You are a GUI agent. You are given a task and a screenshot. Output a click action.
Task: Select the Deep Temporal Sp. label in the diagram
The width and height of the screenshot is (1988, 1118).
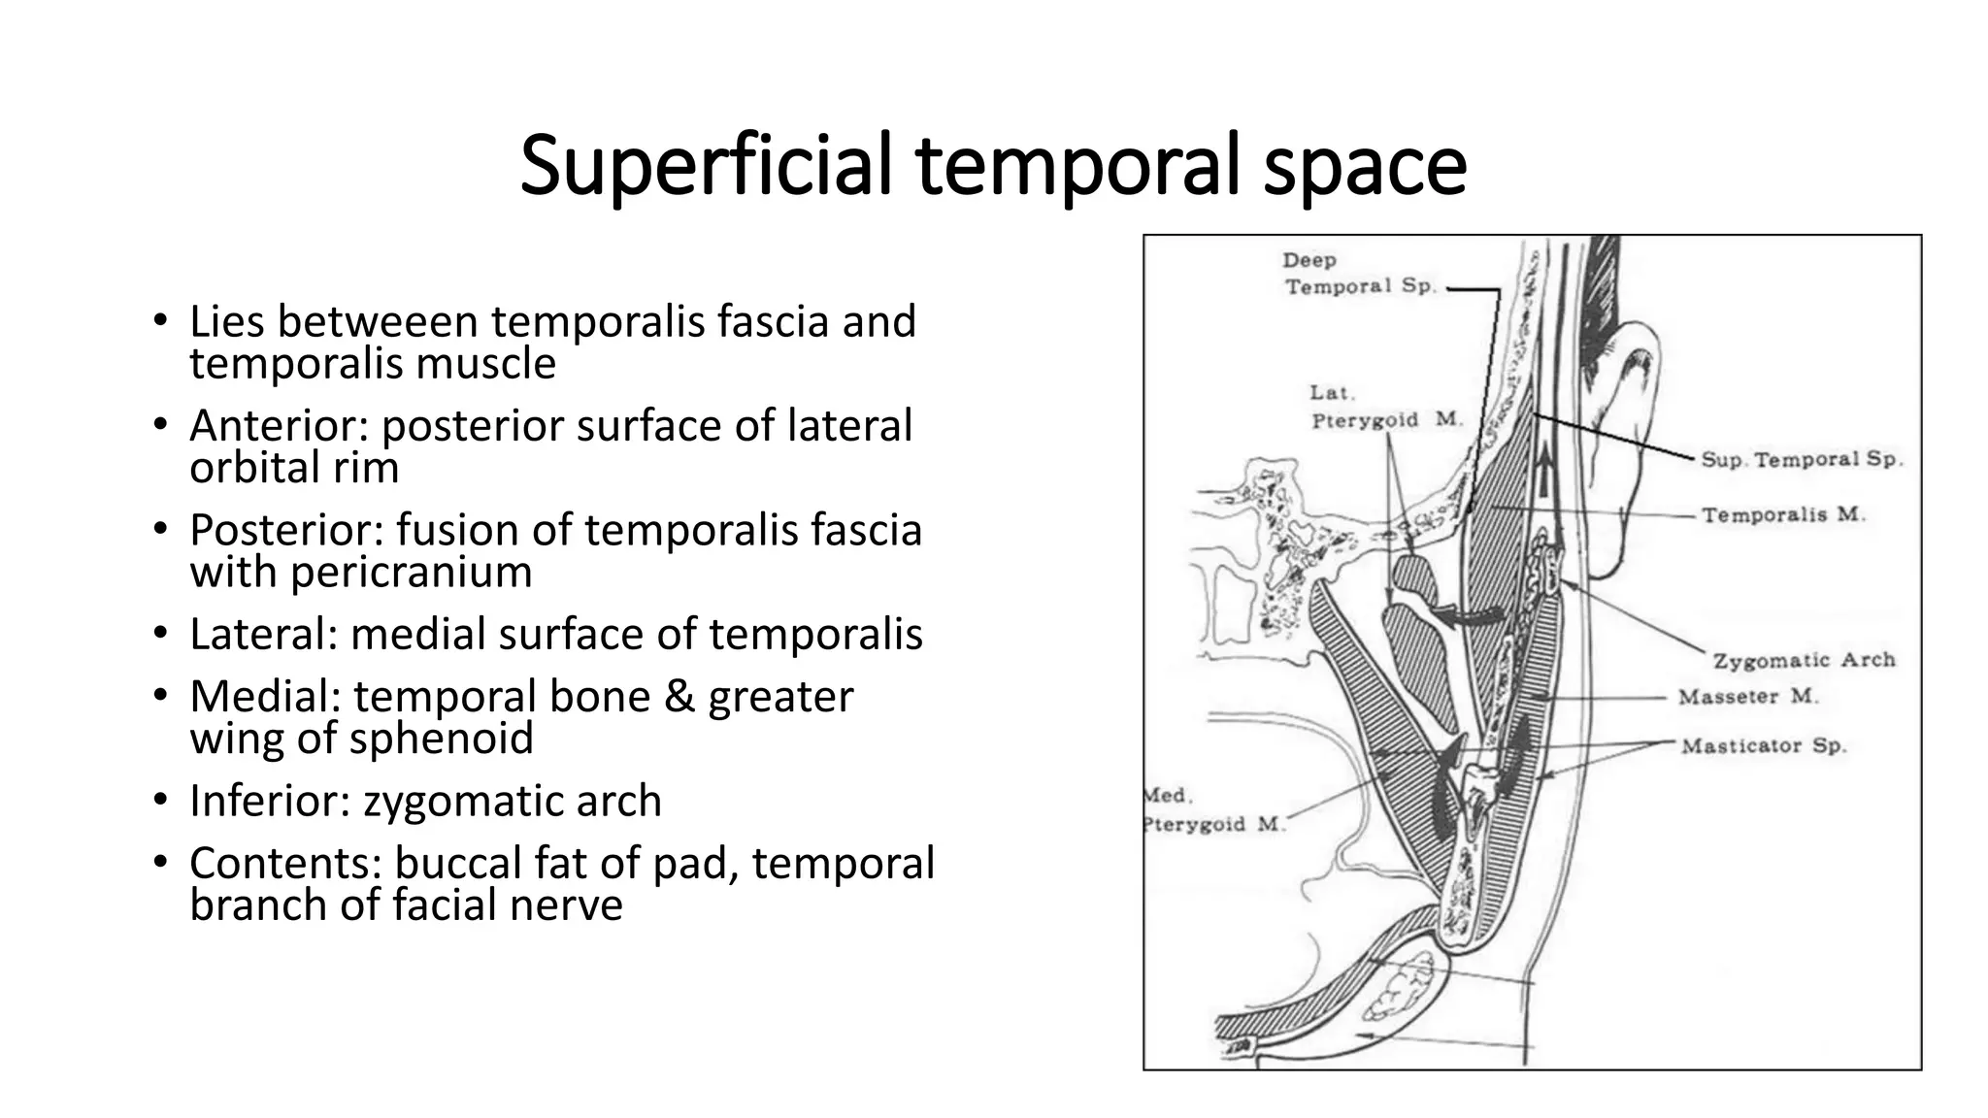(1359, 274)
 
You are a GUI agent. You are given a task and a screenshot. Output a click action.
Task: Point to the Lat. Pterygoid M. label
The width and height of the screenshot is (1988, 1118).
(1384, 407)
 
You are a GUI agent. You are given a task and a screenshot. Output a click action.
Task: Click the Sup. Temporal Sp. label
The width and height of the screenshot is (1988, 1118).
(1802, 459)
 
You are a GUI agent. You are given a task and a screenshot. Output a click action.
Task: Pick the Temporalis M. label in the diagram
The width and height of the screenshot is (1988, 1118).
(1783, 514)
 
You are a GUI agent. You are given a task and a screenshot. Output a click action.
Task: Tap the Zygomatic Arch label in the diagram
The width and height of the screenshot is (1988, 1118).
(1804, 660)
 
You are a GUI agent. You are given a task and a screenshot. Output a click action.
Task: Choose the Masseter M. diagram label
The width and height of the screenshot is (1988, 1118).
(1748, 697)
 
